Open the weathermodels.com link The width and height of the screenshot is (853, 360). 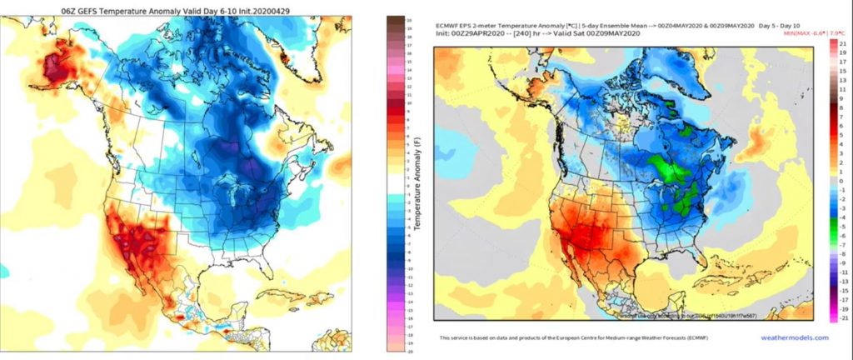tap(796, 337)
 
